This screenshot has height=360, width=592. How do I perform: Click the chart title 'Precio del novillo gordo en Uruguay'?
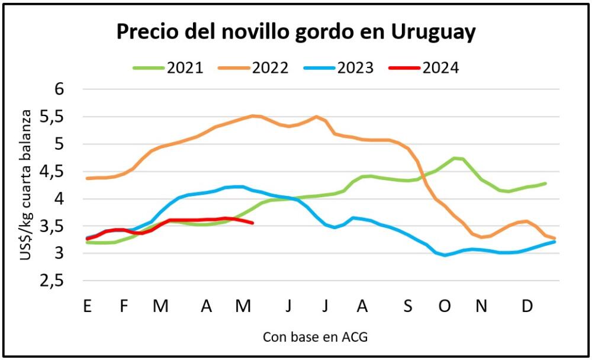pos(295,32)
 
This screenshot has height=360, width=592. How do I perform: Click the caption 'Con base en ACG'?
pos(315,337)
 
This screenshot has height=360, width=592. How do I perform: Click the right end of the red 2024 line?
pos(253,223)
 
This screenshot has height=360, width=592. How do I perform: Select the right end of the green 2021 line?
pos(545,183)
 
